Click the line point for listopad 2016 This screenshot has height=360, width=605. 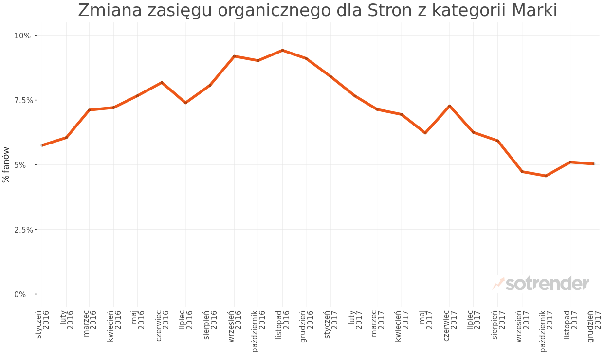(x=282, y=50)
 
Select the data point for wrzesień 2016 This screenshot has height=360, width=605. (x=235, y=56)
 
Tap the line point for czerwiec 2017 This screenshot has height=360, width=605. (x=450, y=106)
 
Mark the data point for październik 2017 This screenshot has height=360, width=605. (x=546, y=176)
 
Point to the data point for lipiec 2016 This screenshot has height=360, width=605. (x=185, y=103)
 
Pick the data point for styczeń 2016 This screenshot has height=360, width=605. (x=42, y=145)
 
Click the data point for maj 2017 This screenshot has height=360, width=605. (x=425, y=133)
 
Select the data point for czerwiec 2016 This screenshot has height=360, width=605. (x=162, y=82)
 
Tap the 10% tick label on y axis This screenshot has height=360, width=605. (x=22, y=36)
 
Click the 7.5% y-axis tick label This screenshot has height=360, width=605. (x=22, y=100)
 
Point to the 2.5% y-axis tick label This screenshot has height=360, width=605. (x=22, y=230)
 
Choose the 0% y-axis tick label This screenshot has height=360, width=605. (x=20, y=294)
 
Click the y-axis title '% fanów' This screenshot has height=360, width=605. (x=6, y=164)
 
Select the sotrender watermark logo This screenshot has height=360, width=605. (x=541, y=283)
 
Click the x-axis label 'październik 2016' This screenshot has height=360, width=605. (x=258, y=331)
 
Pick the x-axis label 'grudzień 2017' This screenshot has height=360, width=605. (x=594, y=326)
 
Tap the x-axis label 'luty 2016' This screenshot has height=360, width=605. (x=67, y=320)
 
